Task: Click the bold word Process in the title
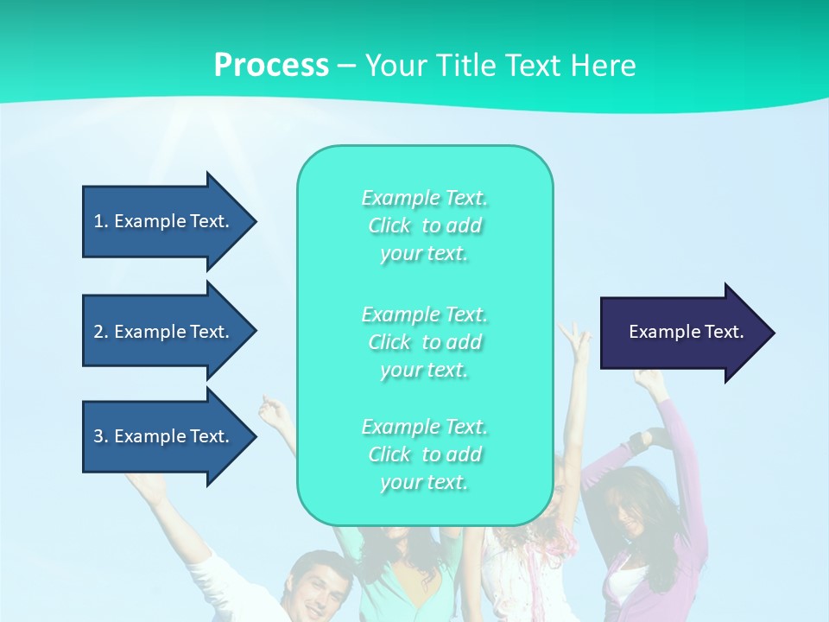271,65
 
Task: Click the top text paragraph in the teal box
424,225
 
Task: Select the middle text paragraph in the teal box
424,342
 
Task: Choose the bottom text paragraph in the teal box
424,454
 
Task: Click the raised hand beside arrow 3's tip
275,412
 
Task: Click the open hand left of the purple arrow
574,339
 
